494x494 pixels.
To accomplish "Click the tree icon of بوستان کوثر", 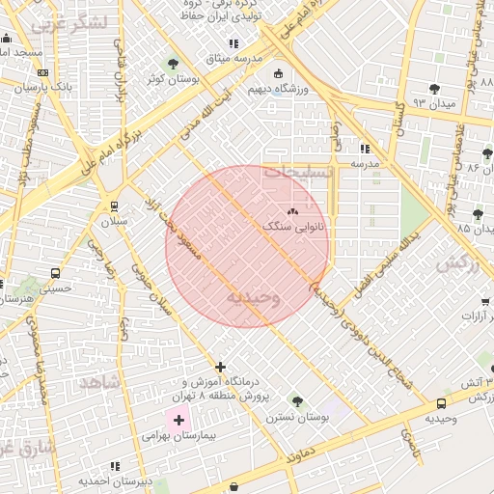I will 173,65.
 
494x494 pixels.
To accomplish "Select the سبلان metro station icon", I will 115,206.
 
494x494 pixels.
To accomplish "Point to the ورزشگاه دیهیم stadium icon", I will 279,73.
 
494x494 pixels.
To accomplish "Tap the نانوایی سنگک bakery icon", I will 292,211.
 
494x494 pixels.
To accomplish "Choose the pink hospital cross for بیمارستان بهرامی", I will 178,420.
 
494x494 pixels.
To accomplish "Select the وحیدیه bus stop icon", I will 441,403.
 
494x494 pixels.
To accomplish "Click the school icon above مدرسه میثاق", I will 233,43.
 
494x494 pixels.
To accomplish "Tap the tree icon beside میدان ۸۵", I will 478,214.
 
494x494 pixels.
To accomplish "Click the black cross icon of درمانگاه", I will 221,367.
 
